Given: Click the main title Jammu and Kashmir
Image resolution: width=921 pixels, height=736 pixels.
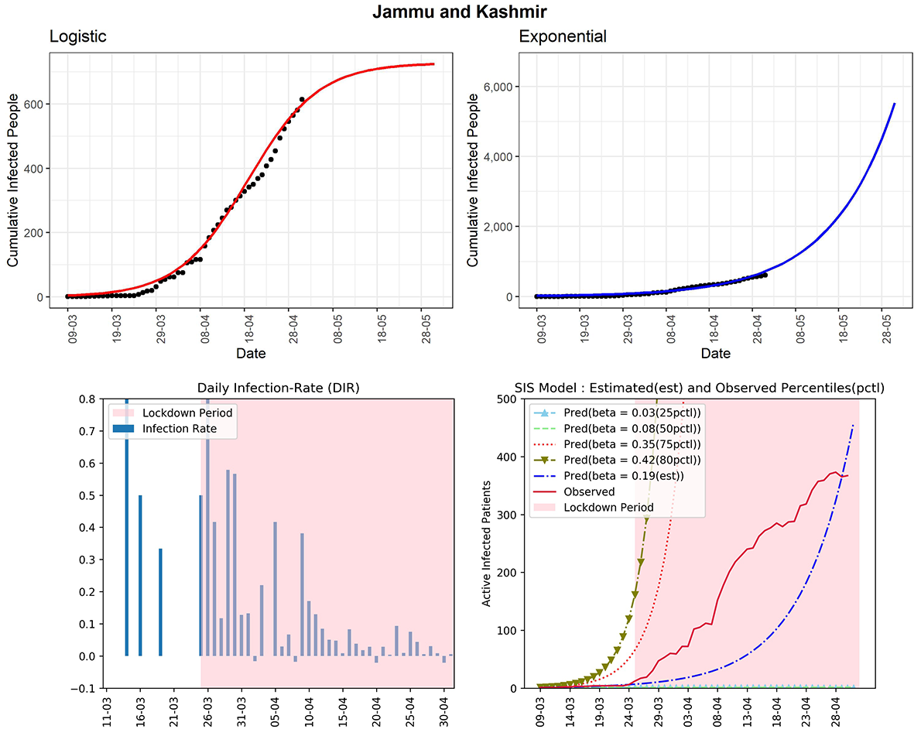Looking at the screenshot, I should (x=460, y=12).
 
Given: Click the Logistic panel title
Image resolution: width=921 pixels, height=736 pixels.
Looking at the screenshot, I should (x=78, y=36).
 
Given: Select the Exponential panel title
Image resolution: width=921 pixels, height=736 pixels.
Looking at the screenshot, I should (x=563, y=36).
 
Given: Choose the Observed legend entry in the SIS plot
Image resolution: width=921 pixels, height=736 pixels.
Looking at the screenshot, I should (x=590, y=491).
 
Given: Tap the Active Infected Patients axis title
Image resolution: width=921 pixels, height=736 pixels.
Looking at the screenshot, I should (x=488, y=543).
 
